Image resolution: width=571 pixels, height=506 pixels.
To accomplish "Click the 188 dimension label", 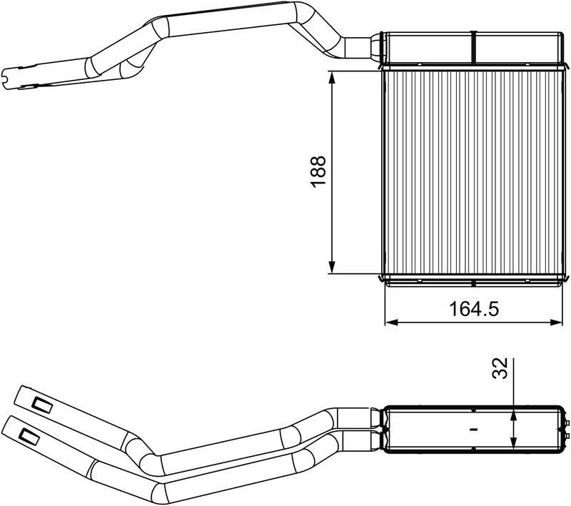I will click(318, 172).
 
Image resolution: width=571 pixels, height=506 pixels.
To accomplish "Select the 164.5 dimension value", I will click(473, 309).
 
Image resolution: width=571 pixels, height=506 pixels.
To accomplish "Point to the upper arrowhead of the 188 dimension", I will click(332, 77).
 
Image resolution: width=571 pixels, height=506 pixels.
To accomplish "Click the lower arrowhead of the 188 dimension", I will click(332, 266).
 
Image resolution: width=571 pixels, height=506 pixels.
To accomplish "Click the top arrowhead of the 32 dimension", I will click(513, 413).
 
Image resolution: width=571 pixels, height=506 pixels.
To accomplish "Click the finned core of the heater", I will click(471, 171).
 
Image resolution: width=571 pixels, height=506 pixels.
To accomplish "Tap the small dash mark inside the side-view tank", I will click(473, 430).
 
